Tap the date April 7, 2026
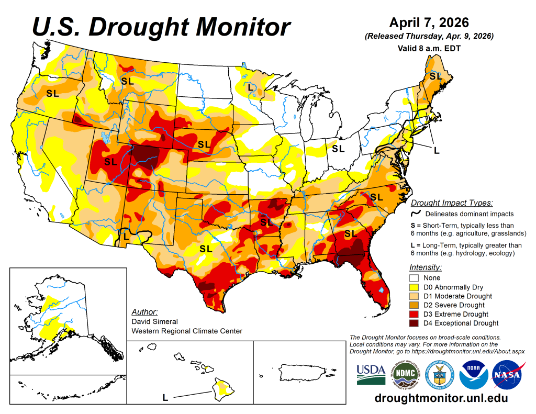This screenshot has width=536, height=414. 429,23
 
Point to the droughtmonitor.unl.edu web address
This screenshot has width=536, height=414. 441,398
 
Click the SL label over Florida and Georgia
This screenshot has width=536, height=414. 350,232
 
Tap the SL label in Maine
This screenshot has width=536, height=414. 435,76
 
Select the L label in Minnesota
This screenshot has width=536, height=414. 250,87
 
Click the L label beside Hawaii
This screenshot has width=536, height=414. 165,398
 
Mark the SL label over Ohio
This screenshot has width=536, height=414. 338,148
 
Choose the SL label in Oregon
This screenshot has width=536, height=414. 52,94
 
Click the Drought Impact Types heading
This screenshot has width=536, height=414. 451,203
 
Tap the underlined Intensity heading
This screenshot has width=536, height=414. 424,267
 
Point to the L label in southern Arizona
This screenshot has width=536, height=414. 126,235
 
